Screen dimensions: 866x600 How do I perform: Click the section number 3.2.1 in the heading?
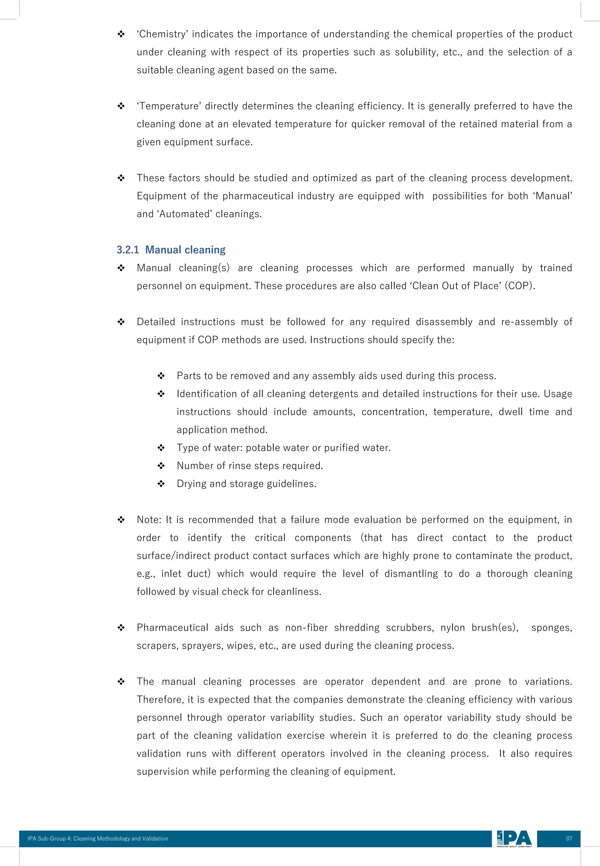tap(128, 250)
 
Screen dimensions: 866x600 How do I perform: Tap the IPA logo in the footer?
tap(514, 838)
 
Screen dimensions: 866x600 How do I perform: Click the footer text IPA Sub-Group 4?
tap(49, 838)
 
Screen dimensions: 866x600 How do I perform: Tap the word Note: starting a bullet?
tap(149, 520)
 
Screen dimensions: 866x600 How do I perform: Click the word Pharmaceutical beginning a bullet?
tap(172, 627)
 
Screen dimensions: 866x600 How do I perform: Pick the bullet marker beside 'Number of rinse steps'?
tap(161, 466)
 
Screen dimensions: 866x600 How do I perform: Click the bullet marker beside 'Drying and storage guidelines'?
tap(161, 484)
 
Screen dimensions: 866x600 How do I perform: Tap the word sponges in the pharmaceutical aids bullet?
tap(551, 627)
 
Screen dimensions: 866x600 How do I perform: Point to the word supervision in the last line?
tap(162, 772)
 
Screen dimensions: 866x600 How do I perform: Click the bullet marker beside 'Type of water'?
tap(161, 448)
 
